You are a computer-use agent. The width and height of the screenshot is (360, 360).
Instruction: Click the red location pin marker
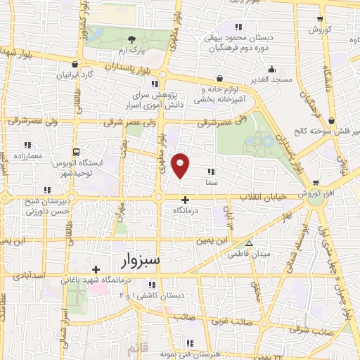pos(181,165)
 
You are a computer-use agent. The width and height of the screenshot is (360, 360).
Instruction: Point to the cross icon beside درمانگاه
pos(185,199)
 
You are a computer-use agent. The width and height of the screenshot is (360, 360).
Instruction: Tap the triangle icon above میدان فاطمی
pos(248,243)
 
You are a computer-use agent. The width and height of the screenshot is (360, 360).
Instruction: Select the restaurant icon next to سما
pos(212,170)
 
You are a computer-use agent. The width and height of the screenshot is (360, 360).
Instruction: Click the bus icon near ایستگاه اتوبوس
pos(76,151)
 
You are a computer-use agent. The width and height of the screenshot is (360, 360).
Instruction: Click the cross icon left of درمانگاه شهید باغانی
pos(95,269)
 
